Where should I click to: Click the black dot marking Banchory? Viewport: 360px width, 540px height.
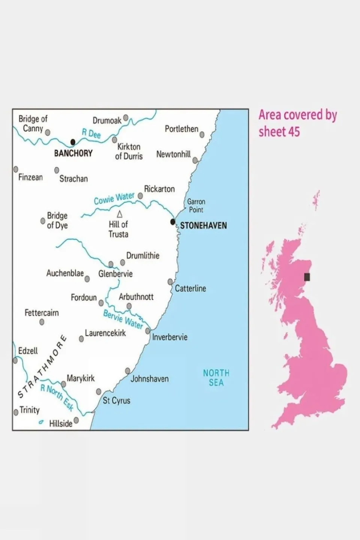click(73, 142)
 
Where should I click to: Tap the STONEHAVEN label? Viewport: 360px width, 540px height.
click(203, 226)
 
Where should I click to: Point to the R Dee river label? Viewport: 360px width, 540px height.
click(91, 133)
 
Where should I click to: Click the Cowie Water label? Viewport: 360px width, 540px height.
click(114, 199)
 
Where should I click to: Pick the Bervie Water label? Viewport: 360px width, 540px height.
click(123, 319)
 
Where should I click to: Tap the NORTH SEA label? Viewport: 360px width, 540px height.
click(216, 378)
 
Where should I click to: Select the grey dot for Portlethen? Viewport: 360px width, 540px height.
click(202, 135)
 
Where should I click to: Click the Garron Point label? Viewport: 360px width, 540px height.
click(196, 206)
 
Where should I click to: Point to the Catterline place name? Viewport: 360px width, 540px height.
click(190, 289)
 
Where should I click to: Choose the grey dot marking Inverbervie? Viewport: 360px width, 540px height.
click(148, 331)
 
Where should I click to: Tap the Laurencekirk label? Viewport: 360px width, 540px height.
click(105, 333)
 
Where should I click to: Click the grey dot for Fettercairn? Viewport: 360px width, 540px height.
click(42, 322)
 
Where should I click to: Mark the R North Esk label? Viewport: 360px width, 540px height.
click(57, 398)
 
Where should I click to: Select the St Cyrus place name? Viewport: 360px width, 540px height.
click(116, 400)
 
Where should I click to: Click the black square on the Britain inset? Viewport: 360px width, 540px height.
click(307, 277)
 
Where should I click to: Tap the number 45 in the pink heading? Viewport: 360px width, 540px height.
click(294, 132)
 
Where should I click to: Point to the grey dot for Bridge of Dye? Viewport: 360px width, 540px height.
click(43, 221)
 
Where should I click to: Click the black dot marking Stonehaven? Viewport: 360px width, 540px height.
click(173, 222)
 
